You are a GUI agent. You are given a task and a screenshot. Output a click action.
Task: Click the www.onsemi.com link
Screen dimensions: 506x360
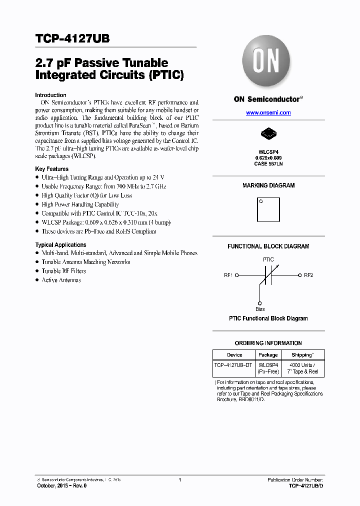268,113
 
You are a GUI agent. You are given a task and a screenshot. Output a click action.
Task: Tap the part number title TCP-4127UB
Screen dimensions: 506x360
72,38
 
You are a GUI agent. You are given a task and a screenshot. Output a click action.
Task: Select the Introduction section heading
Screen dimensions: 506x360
50,95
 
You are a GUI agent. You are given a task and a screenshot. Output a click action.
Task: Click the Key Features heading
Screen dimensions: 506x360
51,169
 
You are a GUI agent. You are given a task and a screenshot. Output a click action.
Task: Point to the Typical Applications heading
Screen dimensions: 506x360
60,245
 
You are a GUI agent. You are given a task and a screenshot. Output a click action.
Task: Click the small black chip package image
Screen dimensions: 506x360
268,133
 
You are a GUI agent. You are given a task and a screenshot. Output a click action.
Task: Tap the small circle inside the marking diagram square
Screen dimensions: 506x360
260,201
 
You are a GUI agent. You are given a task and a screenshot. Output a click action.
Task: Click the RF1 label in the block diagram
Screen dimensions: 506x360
228,275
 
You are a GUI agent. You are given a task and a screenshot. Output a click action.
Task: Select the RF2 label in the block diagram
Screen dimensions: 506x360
308,275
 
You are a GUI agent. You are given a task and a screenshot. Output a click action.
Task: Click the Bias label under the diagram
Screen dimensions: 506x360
260,309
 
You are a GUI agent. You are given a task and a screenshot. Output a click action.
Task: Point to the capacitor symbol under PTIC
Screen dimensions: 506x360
268,275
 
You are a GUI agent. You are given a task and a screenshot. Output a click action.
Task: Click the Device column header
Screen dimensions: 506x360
234,355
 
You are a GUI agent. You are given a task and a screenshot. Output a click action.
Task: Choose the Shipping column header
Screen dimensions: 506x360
302,355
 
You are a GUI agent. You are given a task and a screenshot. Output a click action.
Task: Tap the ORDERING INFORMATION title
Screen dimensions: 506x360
268,343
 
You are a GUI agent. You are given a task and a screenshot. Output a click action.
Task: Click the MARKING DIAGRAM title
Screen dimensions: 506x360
268,185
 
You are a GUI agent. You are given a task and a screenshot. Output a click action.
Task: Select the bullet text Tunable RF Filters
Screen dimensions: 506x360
63,271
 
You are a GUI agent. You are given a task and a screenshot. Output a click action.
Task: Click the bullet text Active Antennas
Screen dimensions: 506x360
61,280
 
